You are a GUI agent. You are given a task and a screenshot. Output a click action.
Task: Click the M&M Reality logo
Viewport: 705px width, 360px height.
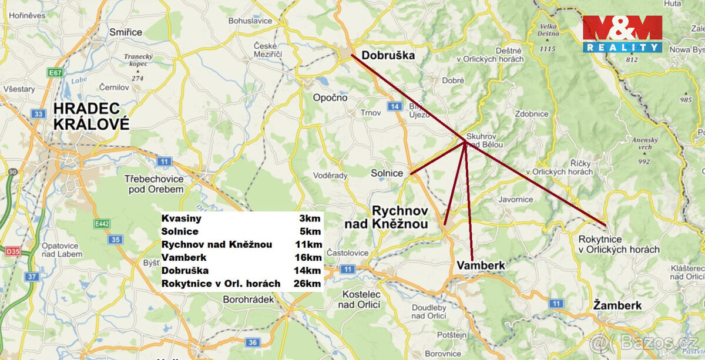coord(622,34)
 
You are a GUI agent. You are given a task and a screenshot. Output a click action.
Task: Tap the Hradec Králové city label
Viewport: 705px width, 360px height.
coord(91,116)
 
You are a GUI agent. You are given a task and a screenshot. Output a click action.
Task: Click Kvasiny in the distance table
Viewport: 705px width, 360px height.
coord(182,218)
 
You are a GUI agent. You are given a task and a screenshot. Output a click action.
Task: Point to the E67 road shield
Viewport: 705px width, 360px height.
coord(56,73)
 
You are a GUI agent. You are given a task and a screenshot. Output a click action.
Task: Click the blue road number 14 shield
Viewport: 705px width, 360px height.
coord(394,106)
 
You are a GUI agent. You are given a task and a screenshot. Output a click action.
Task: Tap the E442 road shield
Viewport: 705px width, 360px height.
coord(102,224)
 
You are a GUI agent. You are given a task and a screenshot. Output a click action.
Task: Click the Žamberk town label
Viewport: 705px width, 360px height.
coord(617,305)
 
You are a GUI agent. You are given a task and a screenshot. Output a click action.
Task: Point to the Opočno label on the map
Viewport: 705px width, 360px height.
coord(330,97)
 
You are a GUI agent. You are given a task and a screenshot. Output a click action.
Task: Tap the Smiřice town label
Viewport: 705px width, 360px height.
coord(125,32)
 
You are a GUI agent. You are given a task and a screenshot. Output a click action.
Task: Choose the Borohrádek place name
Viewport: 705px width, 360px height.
coord(249,299)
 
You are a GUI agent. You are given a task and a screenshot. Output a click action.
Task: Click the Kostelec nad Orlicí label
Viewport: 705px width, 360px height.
coord(359,299)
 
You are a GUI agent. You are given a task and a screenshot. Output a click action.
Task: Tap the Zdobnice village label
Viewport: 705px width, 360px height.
coord(531,114)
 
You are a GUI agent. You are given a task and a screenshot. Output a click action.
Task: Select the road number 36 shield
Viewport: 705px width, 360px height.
coord(253,342)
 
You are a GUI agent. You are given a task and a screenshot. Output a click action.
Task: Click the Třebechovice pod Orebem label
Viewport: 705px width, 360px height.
coord(154,184)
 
